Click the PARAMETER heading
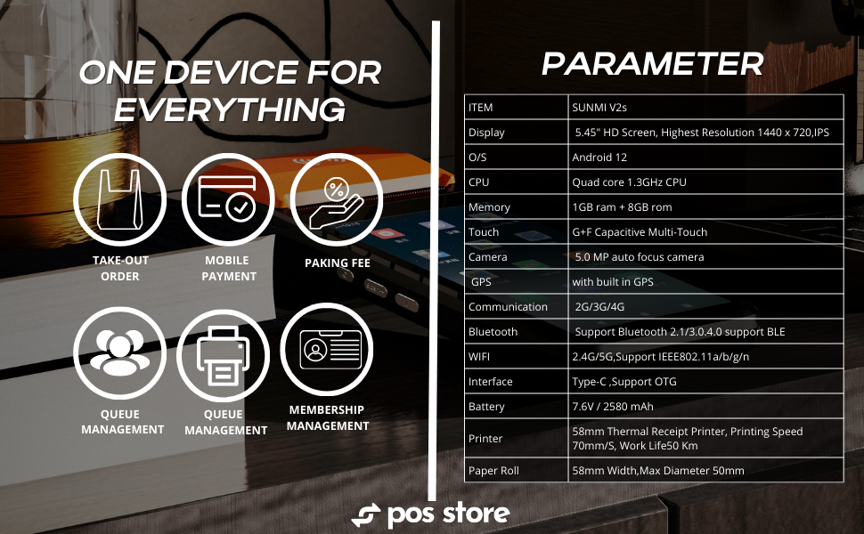653,63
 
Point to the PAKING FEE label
337,263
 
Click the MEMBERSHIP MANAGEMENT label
328,417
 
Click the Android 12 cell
599,158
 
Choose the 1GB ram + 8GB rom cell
622,207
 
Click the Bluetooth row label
493,332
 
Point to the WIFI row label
479,357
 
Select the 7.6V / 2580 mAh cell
613,407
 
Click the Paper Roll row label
493,471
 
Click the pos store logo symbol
366,515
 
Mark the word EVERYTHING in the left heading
230,109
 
